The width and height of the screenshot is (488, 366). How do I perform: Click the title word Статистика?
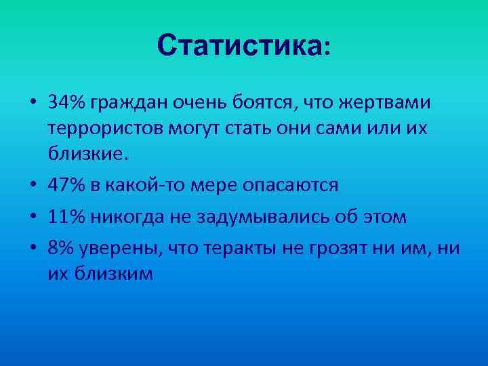click(x=240, y=46)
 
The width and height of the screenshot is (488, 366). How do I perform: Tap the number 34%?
click(x=66, y=103)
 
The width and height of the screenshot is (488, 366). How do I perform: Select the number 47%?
click(x=66, y=184)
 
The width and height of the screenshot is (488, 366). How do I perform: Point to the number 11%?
click(x=66, y=217)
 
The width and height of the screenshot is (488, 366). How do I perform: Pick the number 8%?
click(x=60, y=249)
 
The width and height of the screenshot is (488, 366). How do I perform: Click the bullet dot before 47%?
click(x=33, y=185)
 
